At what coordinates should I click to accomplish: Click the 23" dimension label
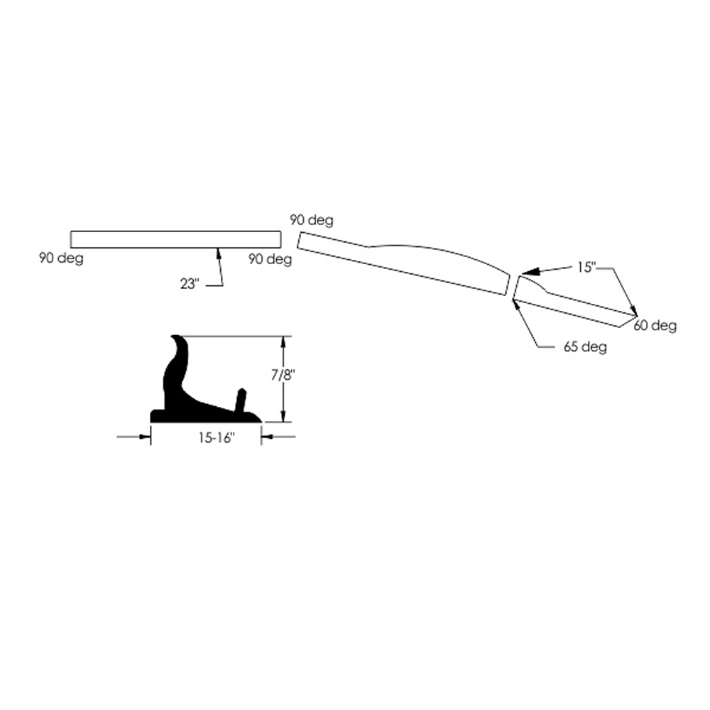(x=190, y=284)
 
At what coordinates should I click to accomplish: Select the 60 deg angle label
(x=655, y=326)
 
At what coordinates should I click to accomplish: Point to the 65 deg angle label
(x=585, y=347)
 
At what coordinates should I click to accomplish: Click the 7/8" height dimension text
(x=284, y=376)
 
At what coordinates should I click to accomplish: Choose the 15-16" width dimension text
(x=217, y=438)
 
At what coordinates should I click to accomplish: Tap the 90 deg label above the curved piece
(x=312, y=221)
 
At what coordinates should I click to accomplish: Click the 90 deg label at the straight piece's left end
(x=61, y=258)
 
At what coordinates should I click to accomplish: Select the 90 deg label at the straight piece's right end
(x=271, y=259)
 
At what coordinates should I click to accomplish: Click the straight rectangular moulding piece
(x=175, y=239)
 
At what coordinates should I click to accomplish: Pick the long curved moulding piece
(x=404, y=263)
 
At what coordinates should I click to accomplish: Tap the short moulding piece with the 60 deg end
(x=575, y=302)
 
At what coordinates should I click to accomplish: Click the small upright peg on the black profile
(x=241, y=400)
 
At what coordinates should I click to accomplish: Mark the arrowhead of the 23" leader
(x=218, y=253)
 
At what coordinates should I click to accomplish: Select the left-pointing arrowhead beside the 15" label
(x=530, y=272)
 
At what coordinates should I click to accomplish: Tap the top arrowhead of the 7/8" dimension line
(x=284, y=342)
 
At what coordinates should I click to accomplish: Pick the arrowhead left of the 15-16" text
(x=145, y=437)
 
